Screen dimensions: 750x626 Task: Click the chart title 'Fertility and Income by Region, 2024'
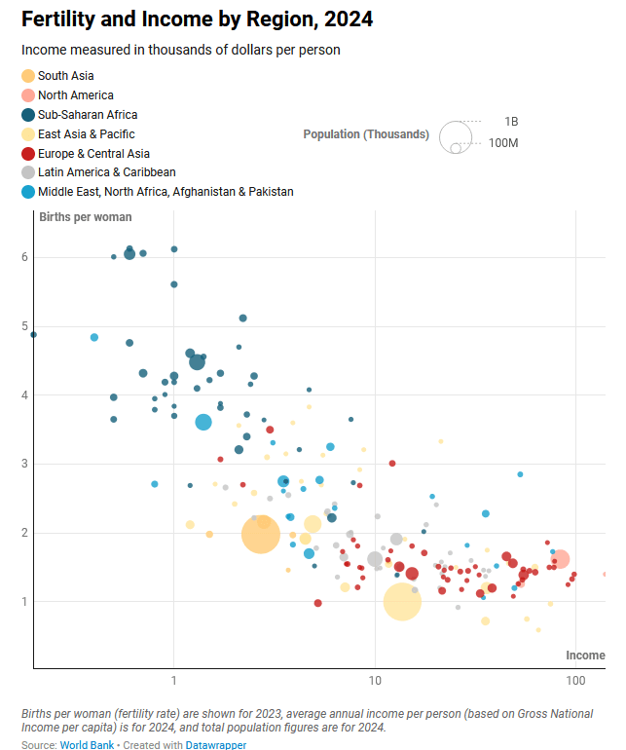tap(197, 19)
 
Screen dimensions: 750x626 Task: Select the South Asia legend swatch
tap(28, 76)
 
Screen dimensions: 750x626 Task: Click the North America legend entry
tap(75, 95)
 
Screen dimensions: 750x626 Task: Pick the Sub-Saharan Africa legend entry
tap(87, 115)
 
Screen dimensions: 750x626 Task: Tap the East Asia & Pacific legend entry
tap(86, 134)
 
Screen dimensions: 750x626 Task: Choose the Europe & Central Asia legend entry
tap(93, 153)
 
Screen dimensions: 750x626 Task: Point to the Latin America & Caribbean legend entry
tap(106, 172)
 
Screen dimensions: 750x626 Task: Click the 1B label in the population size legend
tap(511, 122)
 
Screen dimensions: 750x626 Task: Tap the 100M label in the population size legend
tap(503, 143)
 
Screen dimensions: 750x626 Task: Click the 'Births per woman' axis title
tap(86, 217)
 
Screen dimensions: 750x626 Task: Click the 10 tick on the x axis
tap(375, 678)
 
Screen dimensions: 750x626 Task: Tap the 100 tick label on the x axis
tap(575, 678)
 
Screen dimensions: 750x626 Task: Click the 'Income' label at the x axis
tap(585, 656)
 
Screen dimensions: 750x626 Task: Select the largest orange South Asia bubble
tap(261, 534)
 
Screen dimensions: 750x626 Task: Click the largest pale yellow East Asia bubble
tap(402, 603)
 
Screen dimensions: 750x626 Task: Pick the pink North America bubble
tap(560, 559)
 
